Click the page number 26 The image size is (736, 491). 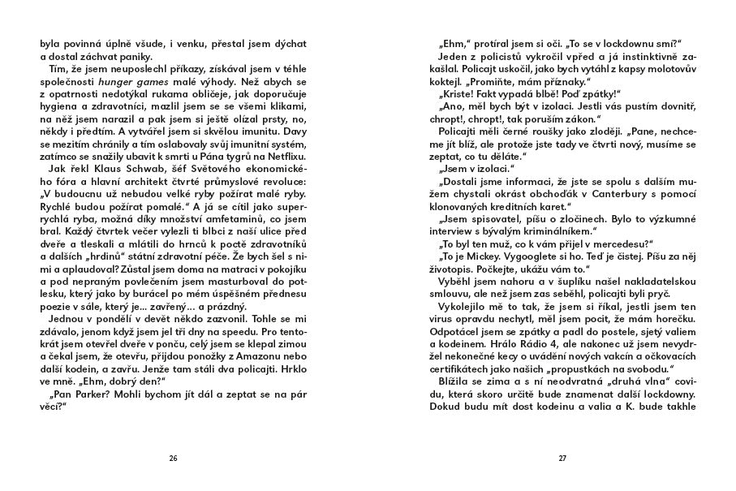tap(173, 459)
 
